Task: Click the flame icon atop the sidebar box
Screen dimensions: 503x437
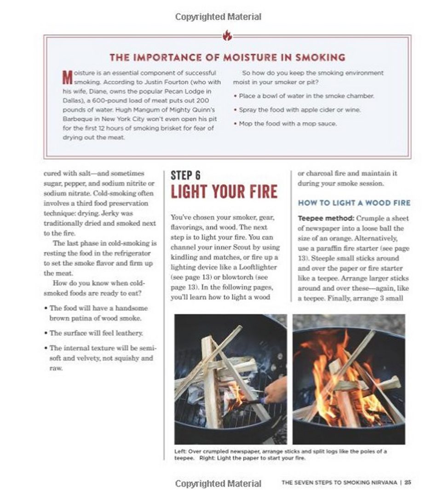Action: [227, 35]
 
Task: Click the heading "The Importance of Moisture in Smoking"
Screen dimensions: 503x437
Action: [227, 58]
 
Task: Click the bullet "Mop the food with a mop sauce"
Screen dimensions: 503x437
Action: [287, 124]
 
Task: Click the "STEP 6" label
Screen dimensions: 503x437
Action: [186, 175]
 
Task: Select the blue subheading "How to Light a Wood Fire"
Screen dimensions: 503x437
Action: [354, 202]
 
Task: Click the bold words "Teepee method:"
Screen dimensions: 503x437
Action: [321, 218]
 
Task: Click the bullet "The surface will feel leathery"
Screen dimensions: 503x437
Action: [96, 333]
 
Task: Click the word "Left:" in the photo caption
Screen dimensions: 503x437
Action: [180, 451]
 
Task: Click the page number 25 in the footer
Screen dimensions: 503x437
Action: [408, 483]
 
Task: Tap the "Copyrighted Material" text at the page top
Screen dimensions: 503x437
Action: [218, 17]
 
